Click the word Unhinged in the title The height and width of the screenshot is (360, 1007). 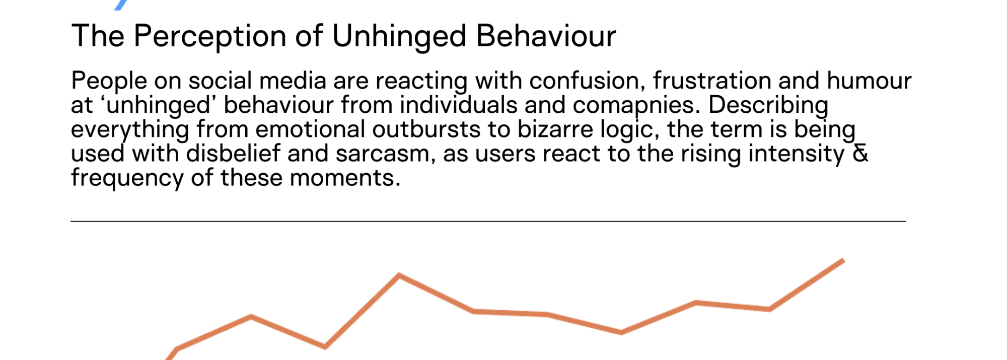[399, 37]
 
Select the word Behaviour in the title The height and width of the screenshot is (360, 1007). [546, 36]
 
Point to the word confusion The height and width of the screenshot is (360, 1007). [587, 81]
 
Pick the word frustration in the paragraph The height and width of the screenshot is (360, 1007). [712, 81]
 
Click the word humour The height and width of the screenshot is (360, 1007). [869, 81]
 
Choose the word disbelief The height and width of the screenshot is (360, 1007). [233, 153]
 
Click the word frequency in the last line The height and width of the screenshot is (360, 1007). [127, 178]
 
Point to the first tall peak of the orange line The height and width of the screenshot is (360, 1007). [399, 275]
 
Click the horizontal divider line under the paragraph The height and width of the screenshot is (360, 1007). [488, 221]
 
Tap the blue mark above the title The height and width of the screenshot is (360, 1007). [121, 5]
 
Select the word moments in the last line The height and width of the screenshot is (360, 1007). [345, 178]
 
